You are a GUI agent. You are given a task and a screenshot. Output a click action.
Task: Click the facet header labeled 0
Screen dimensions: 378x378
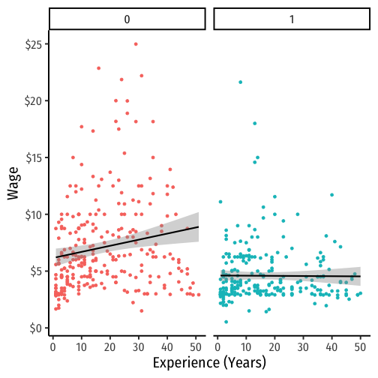(127, 19)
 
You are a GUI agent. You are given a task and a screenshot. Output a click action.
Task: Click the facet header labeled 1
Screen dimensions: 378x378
(292, 19)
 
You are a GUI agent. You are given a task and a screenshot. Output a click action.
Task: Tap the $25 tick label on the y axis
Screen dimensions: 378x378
(33, 45)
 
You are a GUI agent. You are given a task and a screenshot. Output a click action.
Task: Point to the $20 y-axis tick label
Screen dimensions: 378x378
(33, 101)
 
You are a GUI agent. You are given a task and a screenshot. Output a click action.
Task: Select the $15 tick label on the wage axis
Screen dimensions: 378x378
(33, 158)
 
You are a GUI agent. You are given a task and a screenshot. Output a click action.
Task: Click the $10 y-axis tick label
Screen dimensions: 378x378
(33, 215)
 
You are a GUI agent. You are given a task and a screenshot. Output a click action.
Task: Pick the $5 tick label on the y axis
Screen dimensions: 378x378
(36, 271)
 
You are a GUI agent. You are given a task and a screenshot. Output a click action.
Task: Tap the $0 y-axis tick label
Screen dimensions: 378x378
(36, 328)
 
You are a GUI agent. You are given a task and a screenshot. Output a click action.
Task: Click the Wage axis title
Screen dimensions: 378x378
(13, 183)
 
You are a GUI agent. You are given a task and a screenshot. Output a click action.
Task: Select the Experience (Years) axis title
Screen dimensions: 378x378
(209, 363)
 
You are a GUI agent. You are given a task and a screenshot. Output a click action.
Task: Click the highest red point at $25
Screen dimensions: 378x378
(136, 44)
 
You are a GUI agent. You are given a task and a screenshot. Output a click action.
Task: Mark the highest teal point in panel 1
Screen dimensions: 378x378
(241, 82)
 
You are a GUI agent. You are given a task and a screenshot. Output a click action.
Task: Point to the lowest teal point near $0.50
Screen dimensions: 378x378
(226, 322)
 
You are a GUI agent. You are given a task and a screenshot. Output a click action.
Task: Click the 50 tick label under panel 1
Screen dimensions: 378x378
(360, 347)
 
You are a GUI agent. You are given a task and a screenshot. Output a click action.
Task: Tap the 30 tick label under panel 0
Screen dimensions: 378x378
(139, 347)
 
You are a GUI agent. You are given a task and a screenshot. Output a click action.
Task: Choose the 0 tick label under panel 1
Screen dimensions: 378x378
(217, 347)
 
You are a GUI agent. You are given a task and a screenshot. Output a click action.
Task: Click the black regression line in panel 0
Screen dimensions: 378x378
(127, 242)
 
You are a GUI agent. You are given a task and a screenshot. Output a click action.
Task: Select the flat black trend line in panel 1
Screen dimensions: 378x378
(290, 276)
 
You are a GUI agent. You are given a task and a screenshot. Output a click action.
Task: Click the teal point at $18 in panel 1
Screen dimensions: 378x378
(255, 123)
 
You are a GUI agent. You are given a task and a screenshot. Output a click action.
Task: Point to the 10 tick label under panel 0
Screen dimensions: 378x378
(82, 347)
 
